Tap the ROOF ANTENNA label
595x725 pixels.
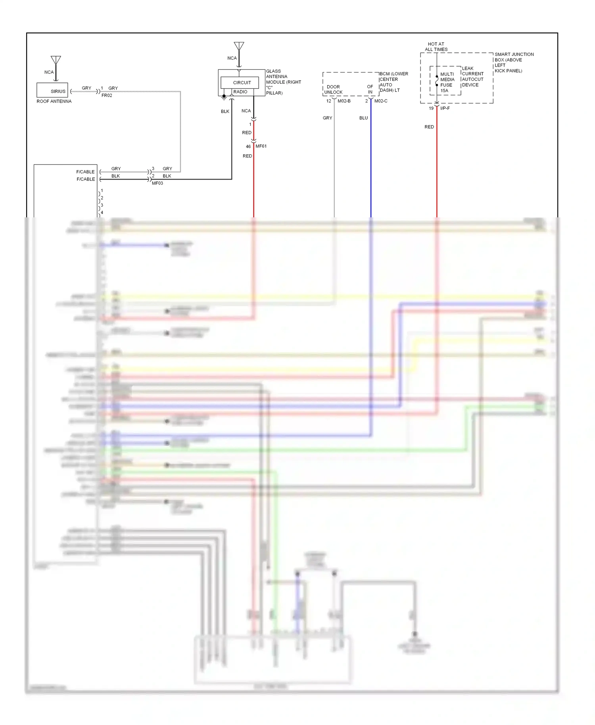[54, 102]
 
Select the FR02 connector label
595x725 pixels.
[107, 96]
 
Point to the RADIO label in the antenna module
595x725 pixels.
[240, 92]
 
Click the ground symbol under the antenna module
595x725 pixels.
[224, 97]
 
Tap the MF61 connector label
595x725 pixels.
[261, 146]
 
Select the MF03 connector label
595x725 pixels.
[157, 183]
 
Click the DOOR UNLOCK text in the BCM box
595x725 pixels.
[333, 89]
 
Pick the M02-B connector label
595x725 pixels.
[344, 101]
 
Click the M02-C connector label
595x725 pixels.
[381, 101]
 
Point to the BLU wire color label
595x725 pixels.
[363, 118]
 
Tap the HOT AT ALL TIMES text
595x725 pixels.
[436, 47]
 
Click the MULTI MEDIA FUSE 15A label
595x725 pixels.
[447, 82]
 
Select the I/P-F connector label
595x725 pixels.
[445, 108]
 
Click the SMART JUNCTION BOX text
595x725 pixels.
[514, 62]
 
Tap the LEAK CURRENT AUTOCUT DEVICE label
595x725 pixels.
[472, 77]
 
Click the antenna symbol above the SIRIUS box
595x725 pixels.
[56, 61]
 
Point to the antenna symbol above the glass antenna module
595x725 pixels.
[239, 46]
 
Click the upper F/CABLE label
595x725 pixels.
[85, 172]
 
